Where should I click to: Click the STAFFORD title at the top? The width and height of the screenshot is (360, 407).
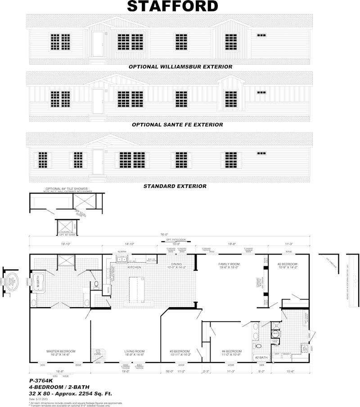pyautogui.click(x=172, y=6)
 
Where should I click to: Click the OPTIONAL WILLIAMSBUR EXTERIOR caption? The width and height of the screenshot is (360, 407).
pyautogui.click(x=180, y=67)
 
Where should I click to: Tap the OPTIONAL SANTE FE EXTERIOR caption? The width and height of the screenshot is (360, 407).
pyautogui.click(x=177, y=125)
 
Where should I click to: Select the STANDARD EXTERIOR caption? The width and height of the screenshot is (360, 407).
pyautogui.click(x=175, y=186)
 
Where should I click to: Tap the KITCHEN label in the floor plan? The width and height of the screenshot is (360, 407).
pyautogui.click(x=134, y=267)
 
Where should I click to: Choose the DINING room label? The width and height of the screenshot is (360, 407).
pyautogui.click(x=176, y=264)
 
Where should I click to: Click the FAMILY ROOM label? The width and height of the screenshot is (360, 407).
pyautogui.click(x=227, y=264)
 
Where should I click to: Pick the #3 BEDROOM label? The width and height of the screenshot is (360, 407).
pyautogui.click(x=180, y=351)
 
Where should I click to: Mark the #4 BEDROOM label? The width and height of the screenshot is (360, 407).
pyautogui.click(x=232, y=351)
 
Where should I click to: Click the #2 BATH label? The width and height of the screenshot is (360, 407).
pyautogui.click(x=261, y=358)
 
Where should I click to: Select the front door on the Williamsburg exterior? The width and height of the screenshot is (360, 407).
pyautogui.click(x=98, y=44)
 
